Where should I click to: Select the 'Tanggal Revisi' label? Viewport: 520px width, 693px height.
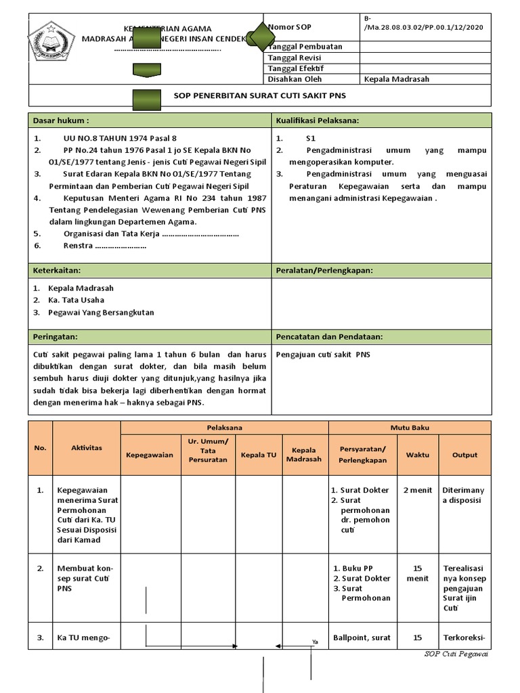coord(295,58)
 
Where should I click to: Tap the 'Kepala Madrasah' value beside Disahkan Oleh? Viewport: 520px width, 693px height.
coord(396,79)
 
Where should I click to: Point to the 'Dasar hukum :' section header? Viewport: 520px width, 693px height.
coord(62,120)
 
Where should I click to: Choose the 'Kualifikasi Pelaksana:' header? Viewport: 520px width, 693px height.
coord(317,120)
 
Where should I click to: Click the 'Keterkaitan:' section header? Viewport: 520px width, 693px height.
coord(58,271)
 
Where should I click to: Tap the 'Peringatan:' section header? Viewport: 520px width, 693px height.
coord(56,336)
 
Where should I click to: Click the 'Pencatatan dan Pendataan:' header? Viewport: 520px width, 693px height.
coord(329,336)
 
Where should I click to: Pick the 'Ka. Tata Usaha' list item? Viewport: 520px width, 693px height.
coord(76,300)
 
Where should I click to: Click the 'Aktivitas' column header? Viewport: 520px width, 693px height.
coord(87,448)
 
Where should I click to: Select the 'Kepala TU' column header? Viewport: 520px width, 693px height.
coord(259,455)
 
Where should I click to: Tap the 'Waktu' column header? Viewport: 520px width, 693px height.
coord(417,455)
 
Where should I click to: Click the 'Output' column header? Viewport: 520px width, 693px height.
coord(464,455)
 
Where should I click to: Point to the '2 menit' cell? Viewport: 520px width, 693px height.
coord(417,490)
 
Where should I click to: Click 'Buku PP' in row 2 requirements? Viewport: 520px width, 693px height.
coord(358,568)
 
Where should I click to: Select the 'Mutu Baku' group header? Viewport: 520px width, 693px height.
coord(409,428)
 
